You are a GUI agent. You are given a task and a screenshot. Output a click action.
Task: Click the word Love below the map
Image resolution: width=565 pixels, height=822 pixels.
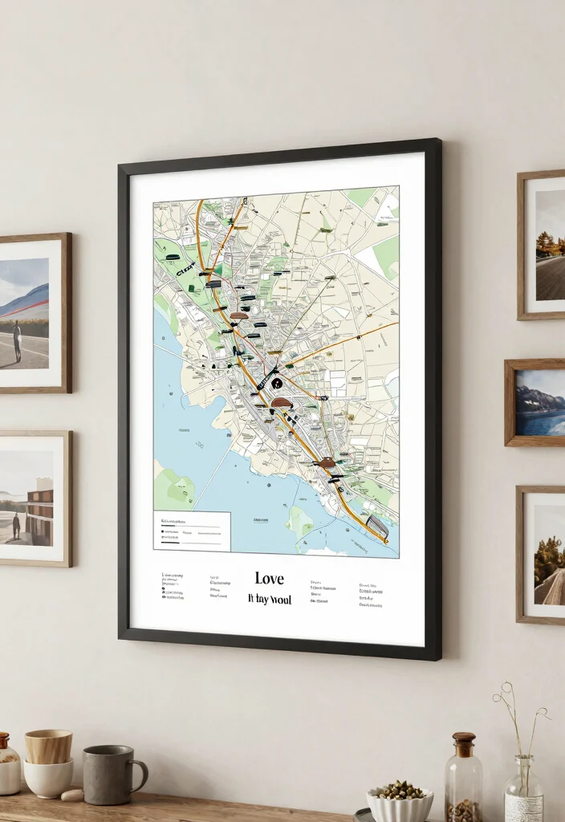(x=269, y=578)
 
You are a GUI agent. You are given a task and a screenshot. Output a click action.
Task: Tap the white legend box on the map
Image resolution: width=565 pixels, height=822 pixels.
(x=192, y=531)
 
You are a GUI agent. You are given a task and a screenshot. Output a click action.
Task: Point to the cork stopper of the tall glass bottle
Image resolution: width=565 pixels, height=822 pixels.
(x=464, y=743)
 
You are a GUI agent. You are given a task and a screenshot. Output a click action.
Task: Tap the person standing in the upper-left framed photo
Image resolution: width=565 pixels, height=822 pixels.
(x=17, y=340)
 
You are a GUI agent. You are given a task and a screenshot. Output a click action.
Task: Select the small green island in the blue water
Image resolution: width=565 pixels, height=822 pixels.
(x=300, y=523)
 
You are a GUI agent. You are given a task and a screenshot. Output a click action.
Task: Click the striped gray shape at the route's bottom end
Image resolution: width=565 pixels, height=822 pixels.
(x=377, y=527)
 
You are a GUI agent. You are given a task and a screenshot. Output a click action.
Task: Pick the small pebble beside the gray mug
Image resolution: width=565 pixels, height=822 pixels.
(x=72, y=795)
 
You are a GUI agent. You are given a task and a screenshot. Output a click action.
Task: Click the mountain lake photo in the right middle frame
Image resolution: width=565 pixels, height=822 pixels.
(x=540, y=402)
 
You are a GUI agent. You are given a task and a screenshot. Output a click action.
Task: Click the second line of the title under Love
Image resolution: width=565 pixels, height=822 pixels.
(x=270, y=600)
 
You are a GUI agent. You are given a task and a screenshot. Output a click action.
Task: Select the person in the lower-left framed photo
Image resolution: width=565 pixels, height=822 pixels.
(x=15, y=525)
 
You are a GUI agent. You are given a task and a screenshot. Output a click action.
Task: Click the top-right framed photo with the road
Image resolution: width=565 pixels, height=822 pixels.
(x=549, y=246)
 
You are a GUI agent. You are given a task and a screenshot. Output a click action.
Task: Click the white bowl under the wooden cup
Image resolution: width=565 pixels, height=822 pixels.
(x=47, y=778)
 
